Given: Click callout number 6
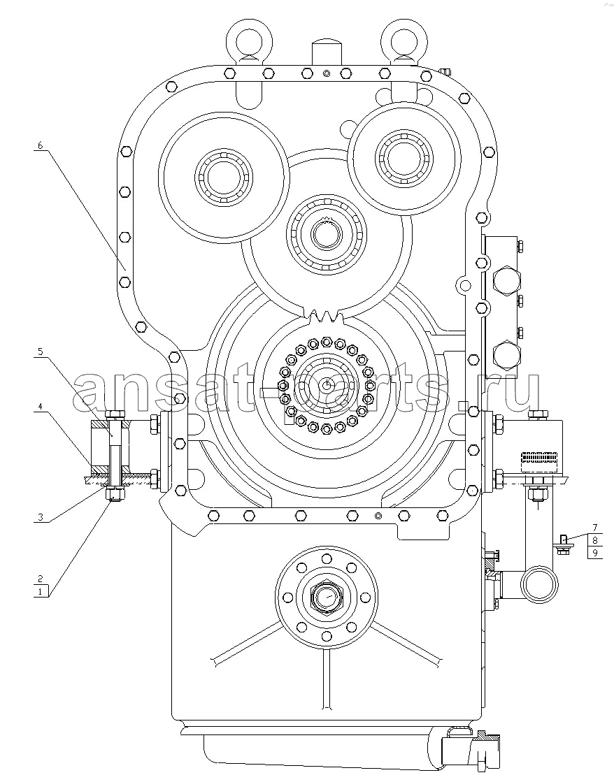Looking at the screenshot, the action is (41, 145).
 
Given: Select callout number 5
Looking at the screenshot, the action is (41, 352).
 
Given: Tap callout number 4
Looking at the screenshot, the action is (41, 407).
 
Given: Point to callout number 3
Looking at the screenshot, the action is (41, 517).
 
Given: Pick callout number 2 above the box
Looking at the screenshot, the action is (41, 580).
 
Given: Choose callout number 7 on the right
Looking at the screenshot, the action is (595, 527).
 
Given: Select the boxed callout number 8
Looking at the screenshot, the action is (595, 540).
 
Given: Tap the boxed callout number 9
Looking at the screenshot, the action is (595, 553).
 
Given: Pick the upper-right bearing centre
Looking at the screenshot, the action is (404, 156).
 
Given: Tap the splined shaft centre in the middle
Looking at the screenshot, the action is (327, 233).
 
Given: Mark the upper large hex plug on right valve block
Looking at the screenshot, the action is (506, 282).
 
